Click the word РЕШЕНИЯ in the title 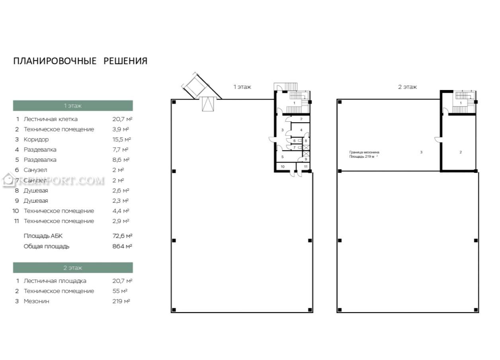point(125,61)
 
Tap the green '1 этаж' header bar point(73,106)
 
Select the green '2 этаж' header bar point(73,268)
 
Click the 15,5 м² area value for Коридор point(122,139)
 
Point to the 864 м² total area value point(122,247)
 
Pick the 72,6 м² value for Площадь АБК point(123,236)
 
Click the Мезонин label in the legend point(36,301)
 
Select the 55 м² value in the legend point(120,291)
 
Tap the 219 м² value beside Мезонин point(121,301)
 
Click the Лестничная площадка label point(55,281)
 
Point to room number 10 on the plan point(283,166)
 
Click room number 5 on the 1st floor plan point(282,157)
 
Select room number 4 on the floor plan point(301,130)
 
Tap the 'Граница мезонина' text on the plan point(364,152)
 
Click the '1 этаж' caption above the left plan point(242,87)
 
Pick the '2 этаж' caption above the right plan point(408,87)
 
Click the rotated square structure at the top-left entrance point(195,86)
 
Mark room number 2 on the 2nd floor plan point(461,152)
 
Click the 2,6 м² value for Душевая point(121,191)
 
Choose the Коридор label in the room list point(36,139)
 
